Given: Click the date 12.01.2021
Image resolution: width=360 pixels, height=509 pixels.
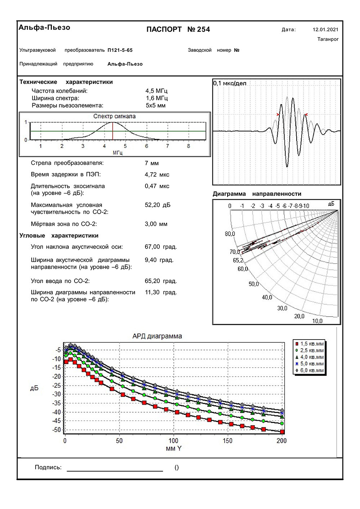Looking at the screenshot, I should [x=325, y=29].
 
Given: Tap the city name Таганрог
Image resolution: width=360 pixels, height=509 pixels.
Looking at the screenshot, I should [x=328, y=39].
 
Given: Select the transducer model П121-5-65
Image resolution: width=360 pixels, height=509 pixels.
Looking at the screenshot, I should [x=120, y=50].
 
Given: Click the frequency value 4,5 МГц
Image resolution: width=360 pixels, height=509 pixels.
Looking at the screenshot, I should [x=156, y=91].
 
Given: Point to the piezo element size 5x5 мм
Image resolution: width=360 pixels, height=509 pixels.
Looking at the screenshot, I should [x=156, y=105].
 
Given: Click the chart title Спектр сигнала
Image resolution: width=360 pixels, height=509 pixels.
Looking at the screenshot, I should [x=114, y=116].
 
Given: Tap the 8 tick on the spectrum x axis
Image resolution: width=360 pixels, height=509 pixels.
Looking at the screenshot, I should [x=189, y=146].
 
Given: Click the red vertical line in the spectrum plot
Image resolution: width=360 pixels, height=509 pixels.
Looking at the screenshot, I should [x=113, y=131].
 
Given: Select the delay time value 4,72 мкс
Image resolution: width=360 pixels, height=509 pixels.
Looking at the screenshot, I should [x=157, y=174].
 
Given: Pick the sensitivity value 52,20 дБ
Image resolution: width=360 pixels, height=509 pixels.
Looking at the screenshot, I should [x=158, y=205].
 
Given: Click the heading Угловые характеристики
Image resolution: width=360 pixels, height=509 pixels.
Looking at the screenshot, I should [x=59, y=236].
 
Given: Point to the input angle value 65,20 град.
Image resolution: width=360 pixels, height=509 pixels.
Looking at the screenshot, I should [x=161, y=281].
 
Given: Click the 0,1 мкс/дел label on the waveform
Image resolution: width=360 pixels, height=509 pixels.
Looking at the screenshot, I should [x=230, y=83].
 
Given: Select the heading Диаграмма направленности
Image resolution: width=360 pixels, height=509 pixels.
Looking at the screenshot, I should [x=257, y=194].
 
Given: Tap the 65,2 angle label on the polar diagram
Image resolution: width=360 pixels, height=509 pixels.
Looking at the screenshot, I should [x=238, y=260].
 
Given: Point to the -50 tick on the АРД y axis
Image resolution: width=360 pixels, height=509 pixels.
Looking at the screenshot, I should [x=57, y=430].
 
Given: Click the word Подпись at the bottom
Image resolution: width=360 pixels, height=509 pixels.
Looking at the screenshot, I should [x=48, y=467].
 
